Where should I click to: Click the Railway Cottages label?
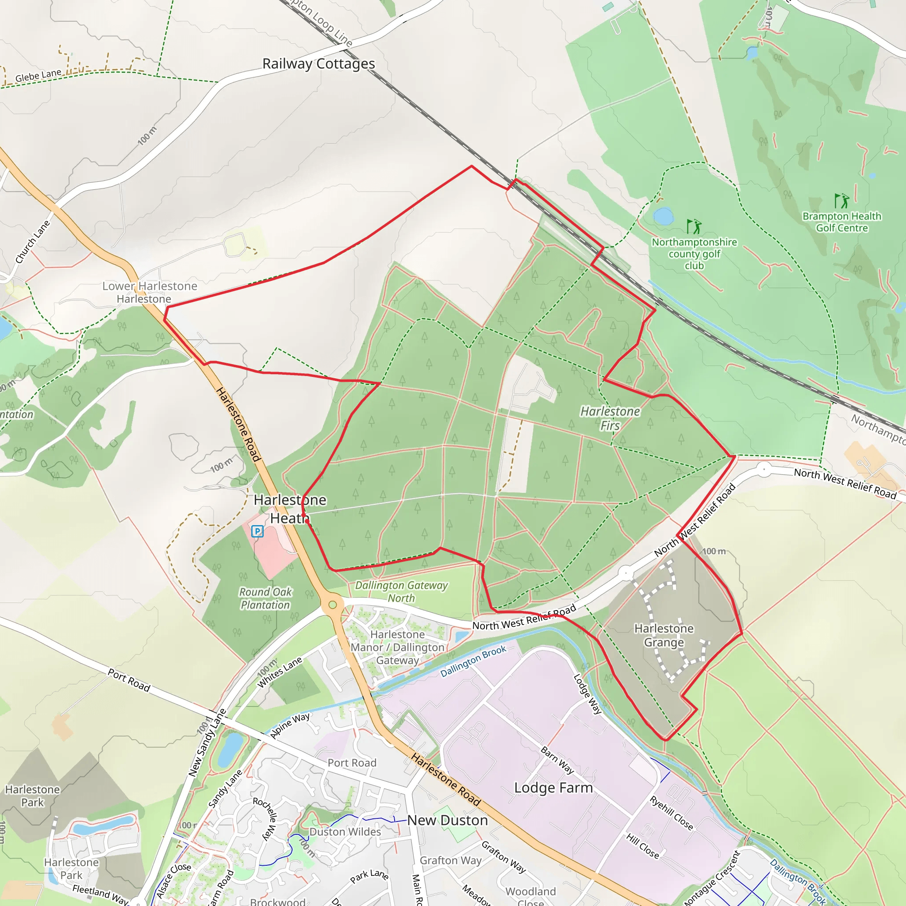(319, 63)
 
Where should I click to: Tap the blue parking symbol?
(257, 531)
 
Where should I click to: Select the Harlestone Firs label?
(610, 418)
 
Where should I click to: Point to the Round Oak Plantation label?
(265, 599)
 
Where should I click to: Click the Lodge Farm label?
(553, 788)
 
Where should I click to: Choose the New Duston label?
(447, 820)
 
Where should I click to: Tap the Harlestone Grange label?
(664, 635)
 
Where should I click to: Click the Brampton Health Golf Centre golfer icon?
(841, 201)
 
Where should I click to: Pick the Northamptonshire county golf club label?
(694, 253)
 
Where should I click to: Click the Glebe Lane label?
(38, 75)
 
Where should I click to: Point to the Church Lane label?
(32, 242)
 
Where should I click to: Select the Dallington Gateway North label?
(401, 591)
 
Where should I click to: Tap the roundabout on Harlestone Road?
(333, 604)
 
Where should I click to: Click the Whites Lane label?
(280, 672)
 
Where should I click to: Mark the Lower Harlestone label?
(150, 286)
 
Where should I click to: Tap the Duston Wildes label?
(345, 832)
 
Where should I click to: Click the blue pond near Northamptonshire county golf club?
(663, 216)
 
